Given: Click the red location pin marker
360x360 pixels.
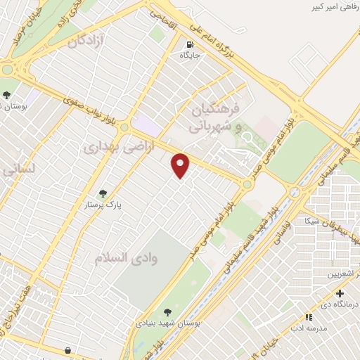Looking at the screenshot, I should pyautogui.click(x=181, y=165).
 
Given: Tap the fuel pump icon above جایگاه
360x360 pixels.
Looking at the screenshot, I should pyautogui.click(x=188, y=44).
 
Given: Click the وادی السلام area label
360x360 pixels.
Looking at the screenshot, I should pyautogui.click(x=127, y=257).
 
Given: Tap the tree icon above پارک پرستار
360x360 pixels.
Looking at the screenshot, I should pyautogui.click(x=103, y=193).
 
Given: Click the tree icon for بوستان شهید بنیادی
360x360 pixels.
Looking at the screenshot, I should pyautogui.click(x=167, y=312).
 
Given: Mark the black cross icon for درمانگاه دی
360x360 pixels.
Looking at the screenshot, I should pyautogui.click(x=340, y=293).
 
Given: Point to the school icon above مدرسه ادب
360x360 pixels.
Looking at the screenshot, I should pyautogui.click(x=308, y=318).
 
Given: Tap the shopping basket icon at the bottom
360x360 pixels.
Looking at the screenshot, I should pyautogui.click(x=67, y=349).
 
